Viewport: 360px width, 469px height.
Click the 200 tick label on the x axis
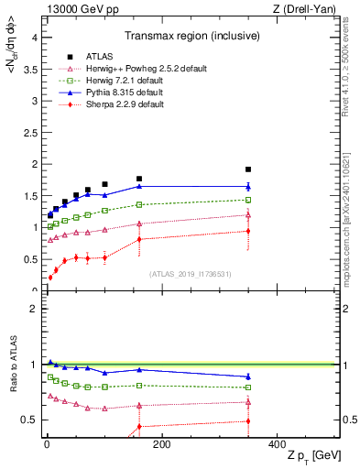(x=161, y=443)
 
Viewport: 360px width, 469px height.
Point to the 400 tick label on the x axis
(x=277, y=443)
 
